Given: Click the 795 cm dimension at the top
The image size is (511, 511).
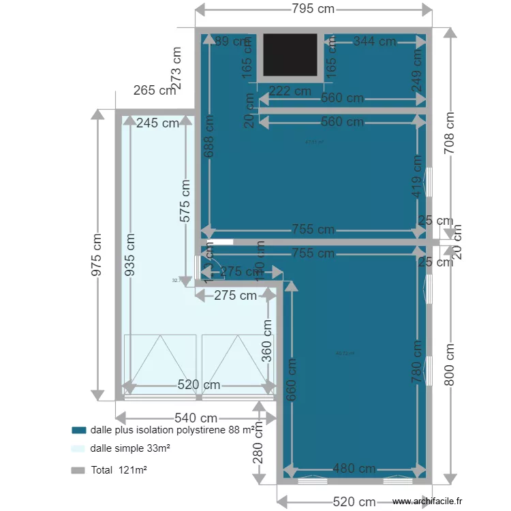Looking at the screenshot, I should (314, 9).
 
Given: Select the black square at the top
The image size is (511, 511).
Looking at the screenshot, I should (290, 55).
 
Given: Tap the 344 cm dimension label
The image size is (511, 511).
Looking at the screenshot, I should (375, 42).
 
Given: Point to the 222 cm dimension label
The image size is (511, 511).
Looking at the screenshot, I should (290, 91).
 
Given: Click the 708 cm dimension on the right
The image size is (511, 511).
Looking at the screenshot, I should (449, 133).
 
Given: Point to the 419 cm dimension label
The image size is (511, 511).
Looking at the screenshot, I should (417, 177).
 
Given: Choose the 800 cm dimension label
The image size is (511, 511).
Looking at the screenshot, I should (449, 365).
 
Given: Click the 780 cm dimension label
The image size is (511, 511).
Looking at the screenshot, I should (417, 365).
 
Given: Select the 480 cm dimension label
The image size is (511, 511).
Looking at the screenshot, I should (354, 469).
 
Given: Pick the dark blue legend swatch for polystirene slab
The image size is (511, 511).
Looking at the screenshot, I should (79, 431).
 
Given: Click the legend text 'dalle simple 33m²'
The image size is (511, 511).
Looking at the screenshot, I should (129, 449).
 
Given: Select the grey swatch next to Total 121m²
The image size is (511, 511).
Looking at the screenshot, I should (79, 470).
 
